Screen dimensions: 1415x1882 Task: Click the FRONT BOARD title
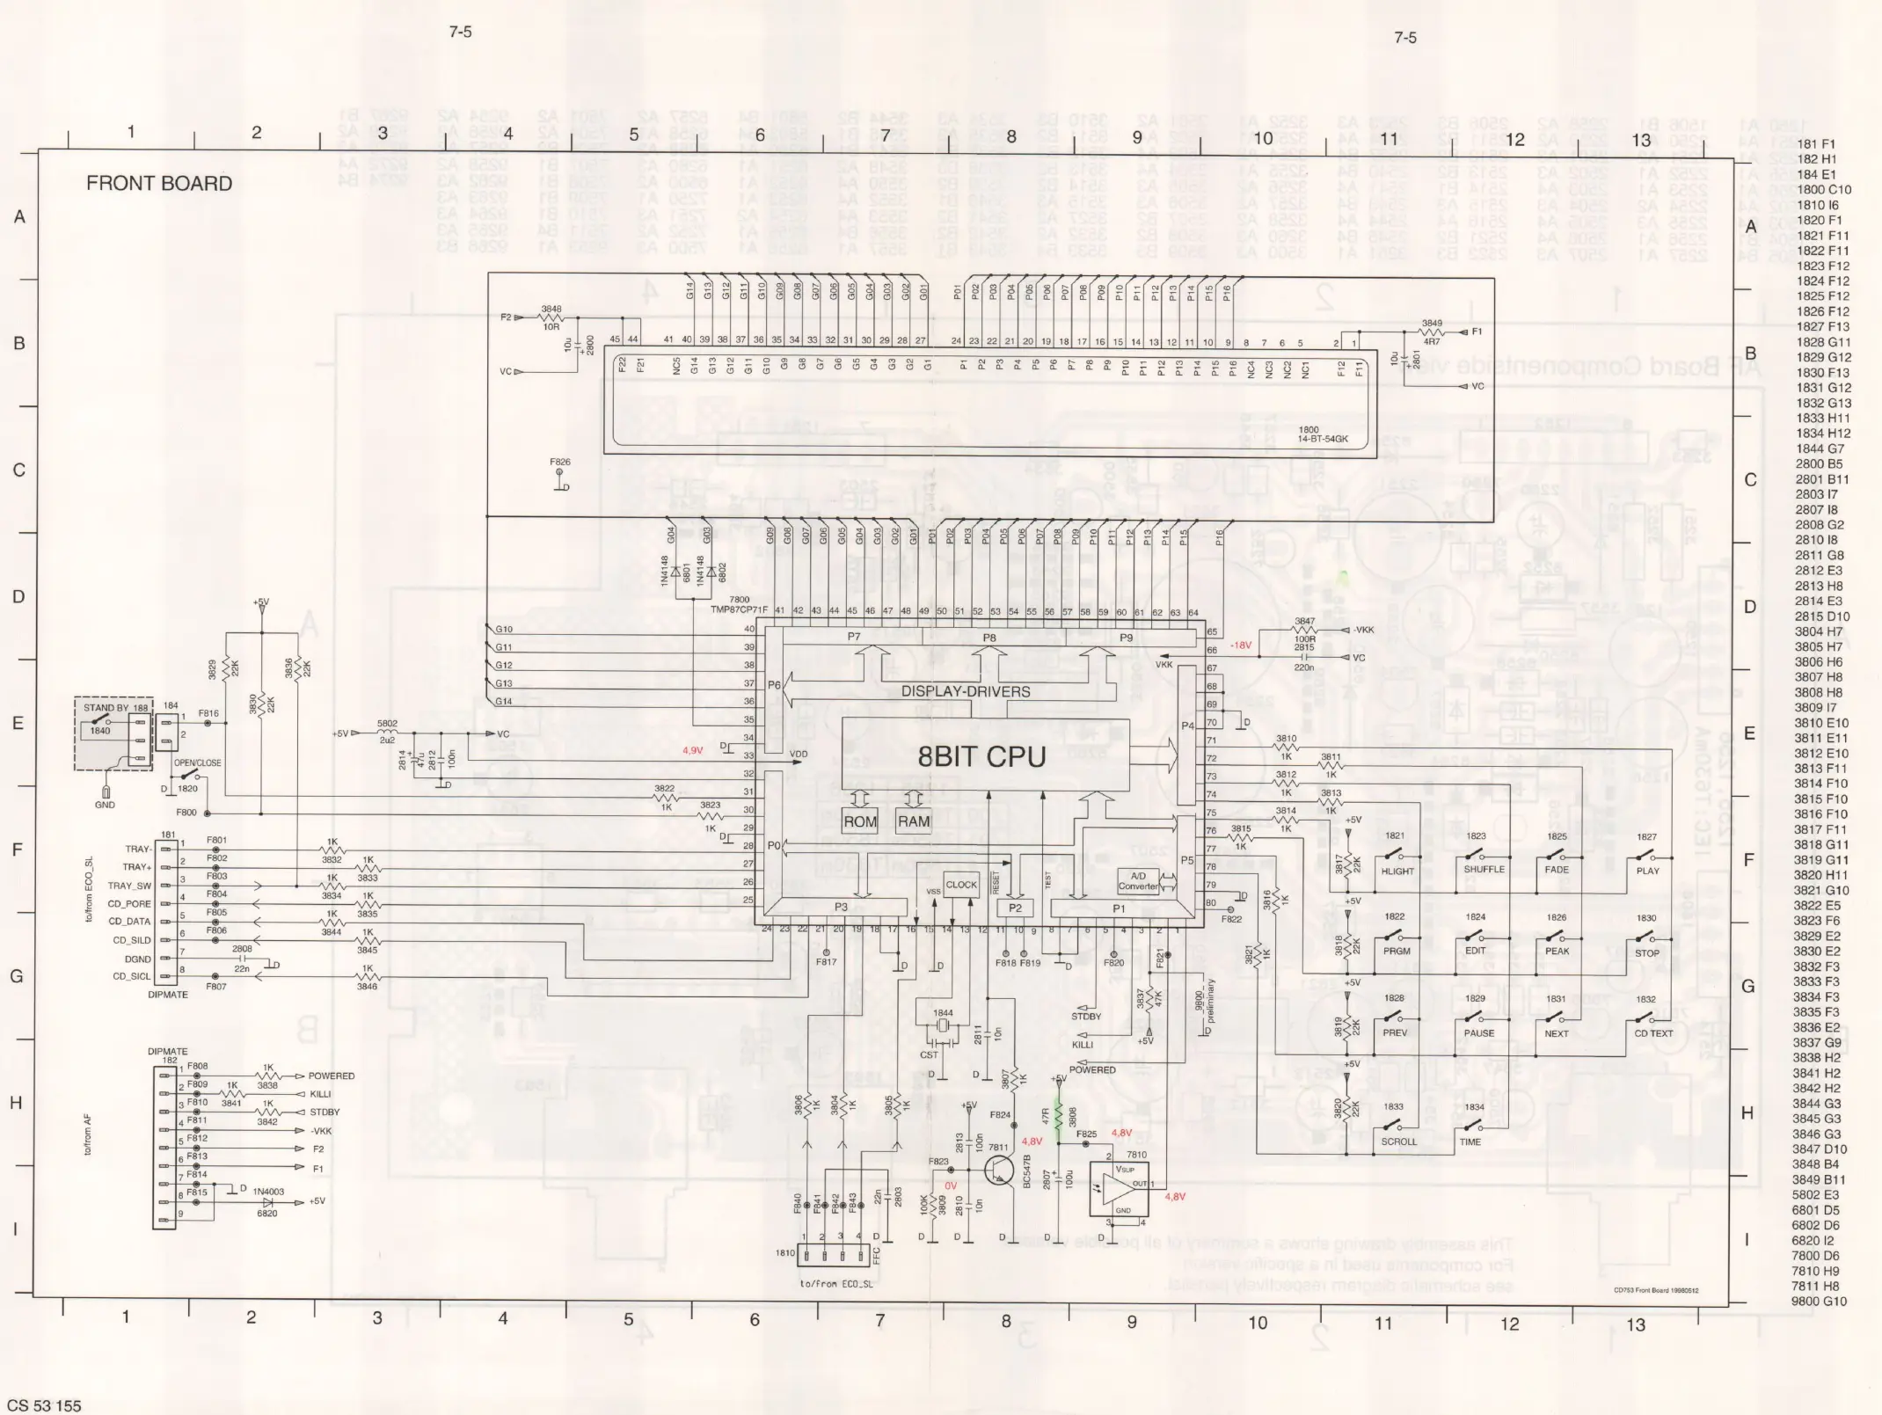[x=159, y=184]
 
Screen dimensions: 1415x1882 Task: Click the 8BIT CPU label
[x=981, y=757]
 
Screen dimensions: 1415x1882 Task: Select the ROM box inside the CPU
[x=859, y=822]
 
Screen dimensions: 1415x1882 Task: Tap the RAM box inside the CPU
[x=913, y=821]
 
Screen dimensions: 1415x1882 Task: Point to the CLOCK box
[x=961, y=885]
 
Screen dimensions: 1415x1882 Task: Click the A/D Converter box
[x=1138, y=881]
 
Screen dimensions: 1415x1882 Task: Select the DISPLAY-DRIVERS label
[x=966, y=691]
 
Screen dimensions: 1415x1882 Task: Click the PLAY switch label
[x=1647, y=871]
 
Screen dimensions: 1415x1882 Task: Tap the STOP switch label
[x=1646, y=952]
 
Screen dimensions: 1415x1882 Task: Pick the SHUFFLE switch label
[x=1484, y=870]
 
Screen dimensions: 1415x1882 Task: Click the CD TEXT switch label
[x=1653, y=1033]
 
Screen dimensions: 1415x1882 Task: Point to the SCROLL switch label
[x=1398, y=1141]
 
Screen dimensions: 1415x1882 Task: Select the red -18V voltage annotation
[x=1241, y=646]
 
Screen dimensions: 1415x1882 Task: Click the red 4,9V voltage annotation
[x=692, y=750]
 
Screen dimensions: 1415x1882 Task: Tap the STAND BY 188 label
[x=115, y=708]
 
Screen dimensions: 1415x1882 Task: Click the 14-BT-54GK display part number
[x=1323, y=439]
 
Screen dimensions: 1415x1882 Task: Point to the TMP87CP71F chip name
[x=739, y=609]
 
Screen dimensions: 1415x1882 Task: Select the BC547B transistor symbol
[x=999, y=1169]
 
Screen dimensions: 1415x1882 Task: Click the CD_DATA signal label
[x=129, y=922]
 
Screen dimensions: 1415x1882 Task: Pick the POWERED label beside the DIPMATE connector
[x=331, y=1076]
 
